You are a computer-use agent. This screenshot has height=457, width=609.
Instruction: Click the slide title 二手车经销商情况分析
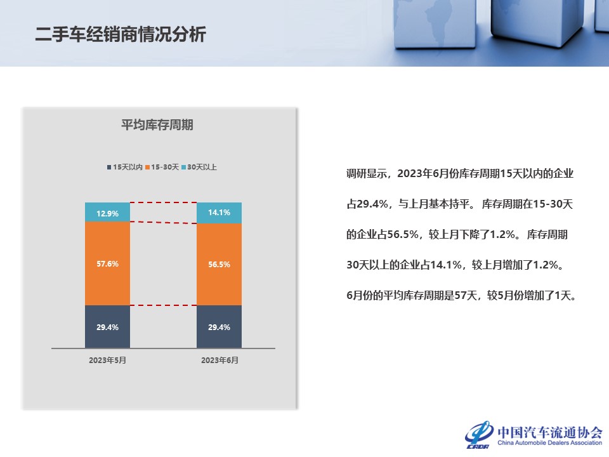[x=121, y=34]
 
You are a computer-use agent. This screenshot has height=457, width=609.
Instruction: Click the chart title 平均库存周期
[x=157, y=125]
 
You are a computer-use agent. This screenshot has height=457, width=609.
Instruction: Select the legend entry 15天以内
[x=125, y=167]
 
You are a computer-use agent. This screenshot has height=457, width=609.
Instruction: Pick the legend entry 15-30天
[x=162, y=167]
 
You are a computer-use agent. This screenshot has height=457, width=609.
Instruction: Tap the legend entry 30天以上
[x=199, y=167]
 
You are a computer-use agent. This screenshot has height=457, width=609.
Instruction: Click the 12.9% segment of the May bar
[x=108, y=212]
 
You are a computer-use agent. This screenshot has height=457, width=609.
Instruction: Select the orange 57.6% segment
[x=108, y=263]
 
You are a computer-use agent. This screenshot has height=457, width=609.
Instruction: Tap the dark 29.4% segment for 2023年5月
[x=108, y=327]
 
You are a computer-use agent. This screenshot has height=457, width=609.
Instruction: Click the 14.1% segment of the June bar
[x=219, y=213]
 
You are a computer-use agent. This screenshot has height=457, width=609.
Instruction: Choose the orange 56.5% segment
[x=219, y=264]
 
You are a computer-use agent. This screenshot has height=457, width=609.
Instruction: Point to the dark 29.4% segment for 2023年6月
[x=219, y=327]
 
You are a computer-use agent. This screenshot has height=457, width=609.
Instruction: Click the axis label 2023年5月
[x=108, y=361]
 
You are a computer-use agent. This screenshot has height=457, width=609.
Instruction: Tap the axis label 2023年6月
[x=219, y=361]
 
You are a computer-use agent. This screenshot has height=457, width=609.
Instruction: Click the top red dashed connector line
[x=164, y=202]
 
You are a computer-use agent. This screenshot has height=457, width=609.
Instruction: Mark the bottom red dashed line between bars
[x=164, y=305]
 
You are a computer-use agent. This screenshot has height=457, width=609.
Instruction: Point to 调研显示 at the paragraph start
[x=366, y=173]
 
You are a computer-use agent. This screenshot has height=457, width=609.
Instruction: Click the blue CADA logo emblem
[x=480, y=434]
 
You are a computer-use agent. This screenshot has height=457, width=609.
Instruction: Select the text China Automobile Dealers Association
[x=549, y=442]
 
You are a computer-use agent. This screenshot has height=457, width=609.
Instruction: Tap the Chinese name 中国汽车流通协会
[x=550, y=432]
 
